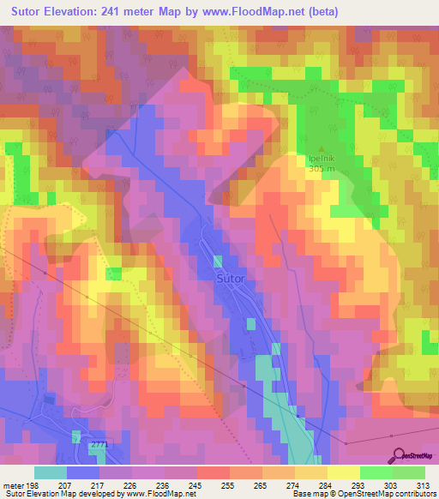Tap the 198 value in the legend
[x=33, y=484]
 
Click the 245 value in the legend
[x=195, y=484]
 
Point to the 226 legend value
[x=130, y=484]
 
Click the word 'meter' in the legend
[x=12, y=484]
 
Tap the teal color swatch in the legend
[x=50, y=472]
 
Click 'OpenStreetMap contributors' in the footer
[x=385, y=494]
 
